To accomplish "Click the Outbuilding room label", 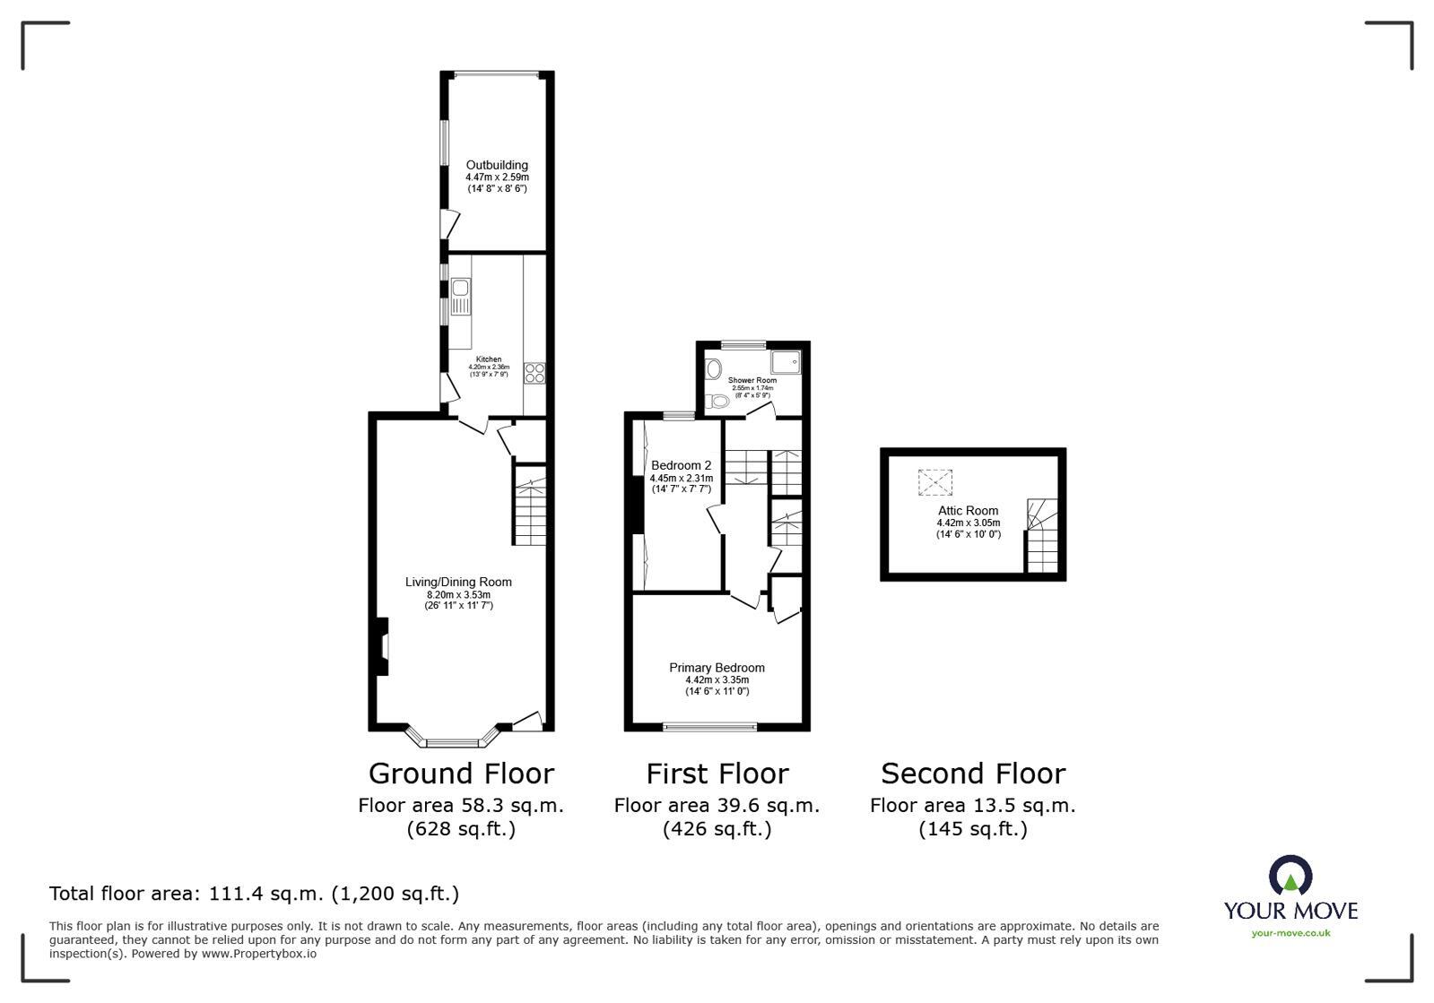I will pyautogui.click(x=497, y=165).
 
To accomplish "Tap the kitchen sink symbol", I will pyautogui.click(x=460, y=296).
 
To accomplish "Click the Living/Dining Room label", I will pyautogui.click(x=458, y=583).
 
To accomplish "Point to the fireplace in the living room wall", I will pyautogui.click(x=382, y=646).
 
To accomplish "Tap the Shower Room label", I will pyautogui.click(x=752, y=380).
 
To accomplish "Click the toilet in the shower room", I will pyautogui.click(x=717, y=401).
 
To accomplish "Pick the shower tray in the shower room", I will pyautogui.click(x=787, y=361).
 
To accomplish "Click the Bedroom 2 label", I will pyautogui.click(x=681, y=465).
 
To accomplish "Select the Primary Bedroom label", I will pyautogui.click(x=717, y=668).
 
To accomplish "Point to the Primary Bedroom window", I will pyautogui.click(x=709, y=726).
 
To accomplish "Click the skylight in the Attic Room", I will pyautogui.click(x=934, y=483).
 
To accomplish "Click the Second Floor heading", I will pyautogui.click(x=972, y=774).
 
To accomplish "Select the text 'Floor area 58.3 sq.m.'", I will pyautogui.click(x=461, y=805).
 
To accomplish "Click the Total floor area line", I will pyautogui.click(x=254, y=894).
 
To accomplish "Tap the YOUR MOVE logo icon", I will pyautogui.click(x=1290, y=876).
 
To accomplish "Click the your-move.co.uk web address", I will pyautogui.click(x=1291, y=933).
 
